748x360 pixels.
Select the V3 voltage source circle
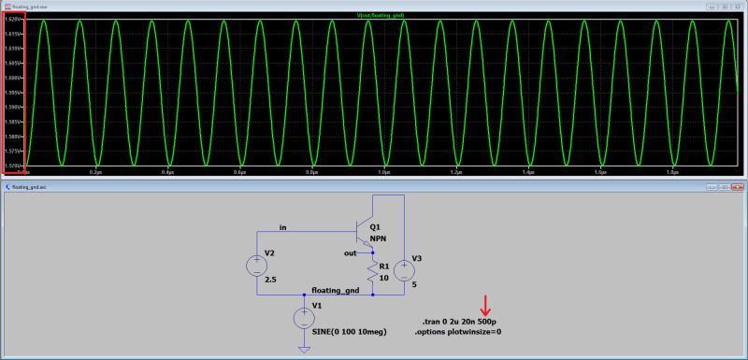point(404,271)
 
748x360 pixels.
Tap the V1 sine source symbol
point(304,319)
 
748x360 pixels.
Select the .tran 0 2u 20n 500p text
point(459,322)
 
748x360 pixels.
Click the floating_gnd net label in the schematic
point(336,291)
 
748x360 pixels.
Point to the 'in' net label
point(283,227)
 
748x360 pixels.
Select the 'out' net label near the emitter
point(351,252)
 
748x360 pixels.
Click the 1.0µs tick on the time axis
point(382,173)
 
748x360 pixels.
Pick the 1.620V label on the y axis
point(13,20)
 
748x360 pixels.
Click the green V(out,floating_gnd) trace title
point(382,15)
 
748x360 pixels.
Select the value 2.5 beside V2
point(270,279)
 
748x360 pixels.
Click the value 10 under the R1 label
point(383,277)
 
